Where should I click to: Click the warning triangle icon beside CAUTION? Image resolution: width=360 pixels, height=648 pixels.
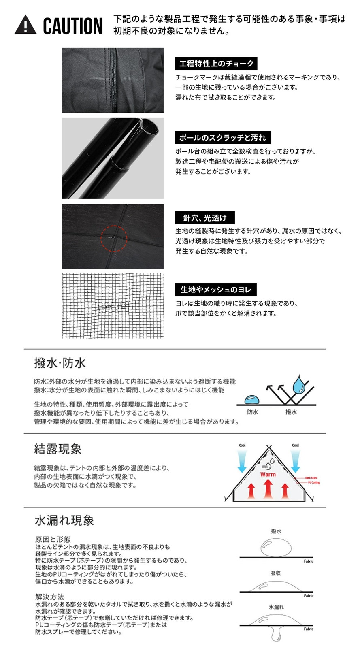[x=25, y=25]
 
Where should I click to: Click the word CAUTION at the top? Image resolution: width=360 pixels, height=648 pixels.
[x=72, y=26]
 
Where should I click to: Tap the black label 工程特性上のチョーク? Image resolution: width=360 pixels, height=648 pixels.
[x=216, y=64]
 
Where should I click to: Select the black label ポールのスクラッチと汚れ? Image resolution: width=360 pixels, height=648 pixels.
[x=222, y=138]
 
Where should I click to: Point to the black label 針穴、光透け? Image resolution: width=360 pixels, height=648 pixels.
[x=205, y=218]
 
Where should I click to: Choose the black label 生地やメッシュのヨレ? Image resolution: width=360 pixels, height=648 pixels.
[x=216, y=290]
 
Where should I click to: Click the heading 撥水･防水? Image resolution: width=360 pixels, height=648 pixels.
[x=60, y=363]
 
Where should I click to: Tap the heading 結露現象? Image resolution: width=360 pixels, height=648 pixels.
[x=58, y=449]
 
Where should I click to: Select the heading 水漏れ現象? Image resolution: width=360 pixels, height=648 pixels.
[x=64, y=520]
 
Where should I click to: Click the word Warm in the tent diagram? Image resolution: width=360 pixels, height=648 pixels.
[x=268, y=474]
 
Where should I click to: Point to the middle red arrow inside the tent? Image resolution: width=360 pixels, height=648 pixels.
[x=268, y=489]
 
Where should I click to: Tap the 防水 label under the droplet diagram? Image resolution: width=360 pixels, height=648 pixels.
[x=253, y=412]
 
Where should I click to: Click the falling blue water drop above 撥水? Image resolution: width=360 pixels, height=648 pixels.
[x=300, y=384]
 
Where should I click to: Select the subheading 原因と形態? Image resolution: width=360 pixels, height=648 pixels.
[x=53, y=539]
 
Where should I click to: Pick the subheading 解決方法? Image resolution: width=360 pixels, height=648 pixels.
[x=49, y=597]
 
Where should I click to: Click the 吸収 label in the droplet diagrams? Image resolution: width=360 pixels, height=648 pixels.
[x=276, y=573]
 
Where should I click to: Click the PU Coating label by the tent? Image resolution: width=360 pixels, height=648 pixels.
[x=314, y=482]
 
